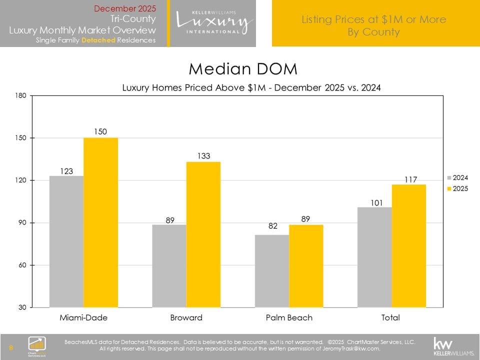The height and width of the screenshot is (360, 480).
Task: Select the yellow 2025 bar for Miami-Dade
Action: pos(100,222)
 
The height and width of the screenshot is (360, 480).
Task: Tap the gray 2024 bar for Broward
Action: pos(169,266)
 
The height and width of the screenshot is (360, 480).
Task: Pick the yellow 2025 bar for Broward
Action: pos(203,234)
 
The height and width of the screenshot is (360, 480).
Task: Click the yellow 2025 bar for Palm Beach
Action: pos(305,266)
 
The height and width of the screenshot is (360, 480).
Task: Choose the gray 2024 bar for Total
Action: pos(374,257)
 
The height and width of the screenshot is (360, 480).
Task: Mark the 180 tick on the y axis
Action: pos(20,95)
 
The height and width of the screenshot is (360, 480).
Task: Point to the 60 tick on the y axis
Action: pos(22,265)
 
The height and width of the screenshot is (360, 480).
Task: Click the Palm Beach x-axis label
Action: pos(289,317)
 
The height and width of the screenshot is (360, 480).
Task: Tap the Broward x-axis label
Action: pos(186,317)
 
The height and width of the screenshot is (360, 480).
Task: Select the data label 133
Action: pos(203,156)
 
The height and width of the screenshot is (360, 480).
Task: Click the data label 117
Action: pos(408,178)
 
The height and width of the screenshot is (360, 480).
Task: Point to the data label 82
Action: pos(272,226)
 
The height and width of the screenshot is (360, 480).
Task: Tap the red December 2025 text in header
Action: pos(125,8)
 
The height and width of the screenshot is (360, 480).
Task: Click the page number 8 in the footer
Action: pos(11,347)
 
